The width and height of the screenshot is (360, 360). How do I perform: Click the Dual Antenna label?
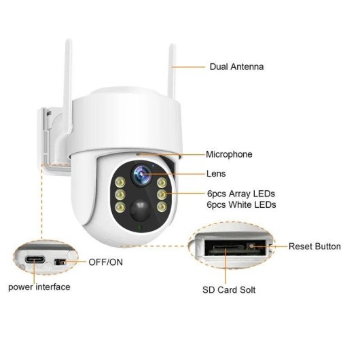tap(236, 67)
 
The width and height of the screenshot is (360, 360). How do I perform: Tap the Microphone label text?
tap(229, 154)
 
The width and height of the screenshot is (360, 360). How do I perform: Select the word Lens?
tap(216, 174)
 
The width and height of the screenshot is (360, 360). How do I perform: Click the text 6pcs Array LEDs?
tap(241, 194)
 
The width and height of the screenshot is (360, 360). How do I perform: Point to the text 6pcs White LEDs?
tap(241, 204)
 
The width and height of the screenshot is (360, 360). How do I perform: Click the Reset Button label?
tap(314, 247)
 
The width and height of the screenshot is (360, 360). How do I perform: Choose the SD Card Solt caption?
tap(229, 290)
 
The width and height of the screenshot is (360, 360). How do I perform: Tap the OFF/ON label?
tap(105, 262)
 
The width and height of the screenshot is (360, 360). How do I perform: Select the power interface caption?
tap(39, 287)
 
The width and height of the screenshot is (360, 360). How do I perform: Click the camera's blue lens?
tap(141, 175)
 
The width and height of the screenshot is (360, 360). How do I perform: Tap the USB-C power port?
tap(35, 260)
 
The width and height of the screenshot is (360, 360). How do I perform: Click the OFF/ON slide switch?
tap(60, 262)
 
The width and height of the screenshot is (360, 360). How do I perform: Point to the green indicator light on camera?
tap(139, 228)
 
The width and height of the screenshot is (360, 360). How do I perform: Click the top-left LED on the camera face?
tap(120, 183)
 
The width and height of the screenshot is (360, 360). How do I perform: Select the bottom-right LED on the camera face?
tap(162, 207)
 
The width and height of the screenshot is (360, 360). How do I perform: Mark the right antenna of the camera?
tap(171, 71)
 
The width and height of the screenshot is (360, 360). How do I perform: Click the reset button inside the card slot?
tap(251, 247)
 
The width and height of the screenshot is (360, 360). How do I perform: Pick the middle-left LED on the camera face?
tap(120, 195)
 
